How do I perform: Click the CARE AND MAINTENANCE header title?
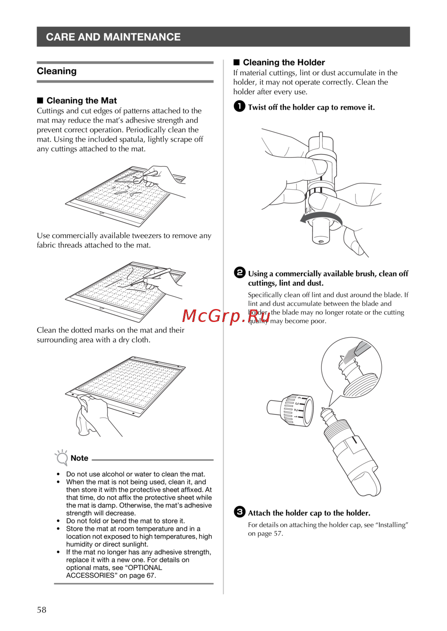[113, 37]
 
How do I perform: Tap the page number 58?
[42, 610]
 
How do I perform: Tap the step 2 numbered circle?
[240, 273]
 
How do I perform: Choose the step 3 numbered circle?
[240, 512]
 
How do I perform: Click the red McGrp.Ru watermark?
[226, 316]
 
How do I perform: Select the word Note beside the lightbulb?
[79, 458]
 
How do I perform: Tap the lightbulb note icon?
[61, 457]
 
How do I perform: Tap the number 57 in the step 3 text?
[278, 534]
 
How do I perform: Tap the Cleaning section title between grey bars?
[57, 71]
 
